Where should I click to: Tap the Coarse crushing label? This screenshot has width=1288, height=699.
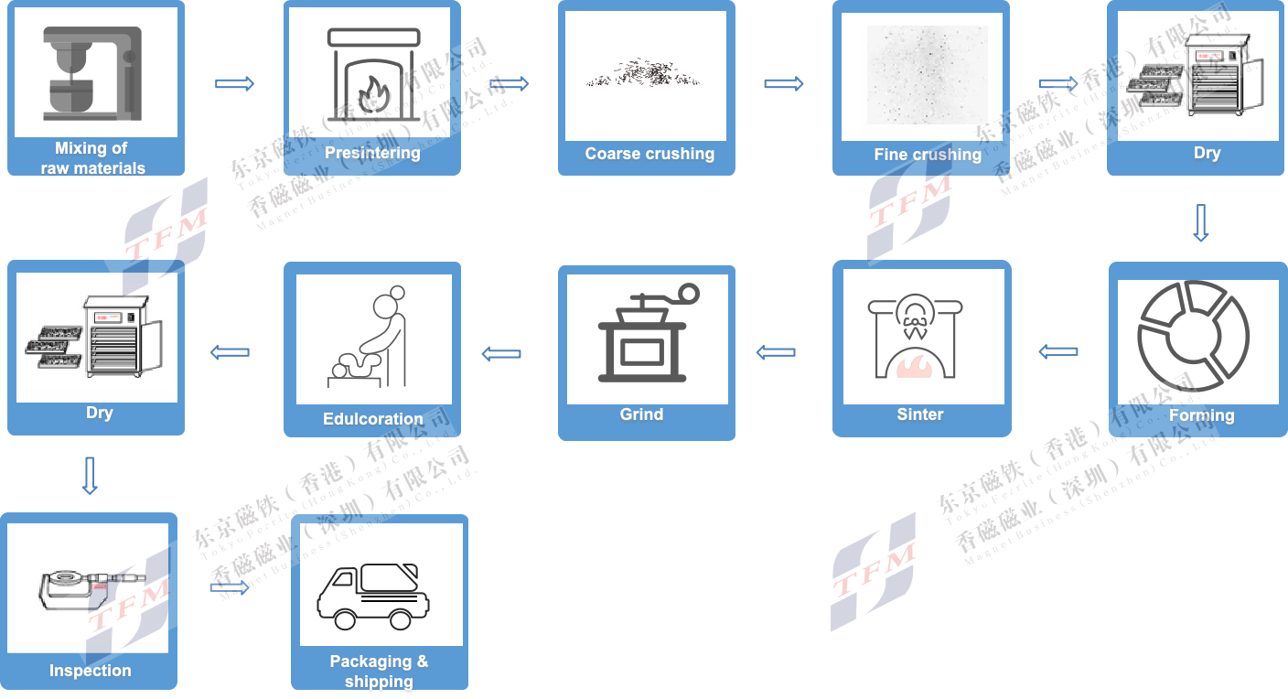(x=649, y=154)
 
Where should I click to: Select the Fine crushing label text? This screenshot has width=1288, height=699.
(x=927, y=155)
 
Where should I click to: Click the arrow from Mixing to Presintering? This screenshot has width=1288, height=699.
(x=234, y=84)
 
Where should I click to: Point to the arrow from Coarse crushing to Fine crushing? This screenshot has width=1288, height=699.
(x=783, y=84)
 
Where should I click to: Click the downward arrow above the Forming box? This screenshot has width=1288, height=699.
(x=1201, y=222)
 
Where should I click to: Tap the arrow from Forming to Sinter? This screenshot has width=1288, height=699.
(x=1058, y=352)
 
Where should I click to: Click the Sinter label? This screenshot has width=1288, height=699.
(x=919, y=414)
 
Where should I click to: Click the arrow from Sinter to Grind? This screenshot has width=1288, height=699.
(x=776, y=352)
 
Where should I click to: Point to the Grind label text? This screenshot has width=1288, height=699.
(x=641, y=414)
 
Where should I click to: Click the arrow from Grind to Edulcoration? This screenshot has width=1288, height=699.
(x=501, y=354)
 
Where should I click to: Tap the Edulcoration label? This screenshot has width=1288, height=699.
(x=372, y=419)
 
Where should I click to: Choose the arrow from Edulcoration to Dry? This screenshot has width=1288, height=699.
(x=230, y=352)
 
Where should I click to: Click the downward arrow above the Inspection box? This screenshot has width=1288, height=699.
(x=90, y=476)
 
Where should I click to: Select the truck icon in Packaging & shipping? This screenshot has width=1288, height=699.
(x=372, y=597)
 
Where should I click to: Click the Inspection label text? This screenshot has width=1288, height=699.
(x=90, y=671)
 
